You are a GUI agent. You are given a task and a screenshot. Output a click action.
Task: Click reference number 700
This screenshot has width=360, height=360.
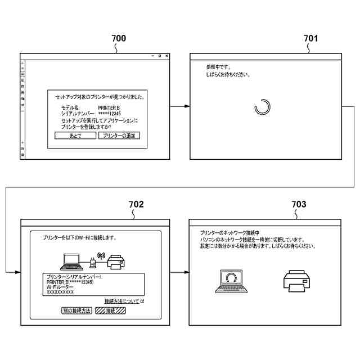pos(119,39)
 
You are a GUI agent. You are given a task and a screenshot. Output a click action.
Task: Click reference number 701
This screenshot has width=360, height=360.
pos(310,39)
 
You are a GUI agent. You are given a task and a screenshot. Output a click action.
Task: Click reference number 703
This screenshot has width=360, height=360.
pos(299,204)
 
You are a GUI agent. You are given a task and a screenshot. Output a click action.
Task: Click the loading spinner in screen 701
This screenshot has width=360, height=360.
pos(263,107)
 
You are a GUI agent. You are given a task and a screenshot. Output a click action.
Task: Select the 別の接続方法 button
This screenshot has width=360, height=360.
pos(76,310)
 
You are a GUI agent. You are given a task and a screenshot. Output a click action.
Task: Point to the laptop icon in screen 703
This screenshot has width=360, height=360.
pos(230,281)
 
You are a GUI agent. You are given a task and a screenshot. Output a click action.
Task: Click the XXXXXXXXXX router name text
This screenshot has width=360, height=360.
pos(60,292)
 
